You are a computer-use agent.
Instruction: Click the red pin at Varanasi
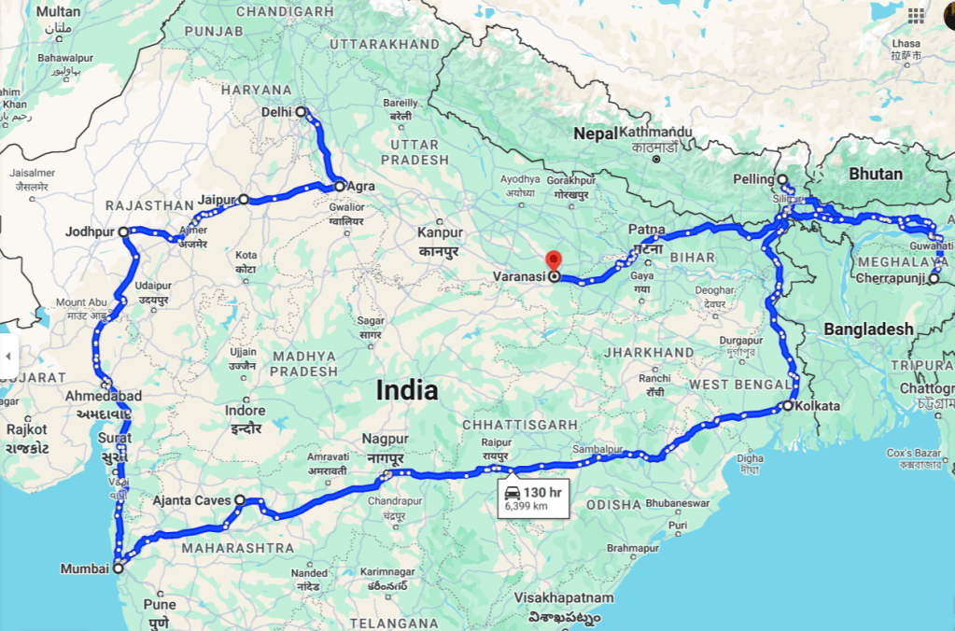point(554,260)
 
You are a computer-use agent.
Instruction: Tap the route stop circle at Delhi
point(301,112)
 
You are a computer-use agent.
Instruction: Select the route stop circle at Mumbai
point(119,568)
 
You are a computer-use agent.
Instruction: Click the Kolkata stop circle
point(788,406)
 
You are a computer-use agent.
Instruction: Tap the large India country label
point(407,390)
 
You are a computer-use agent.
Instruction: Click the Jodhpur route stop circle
point(123,231)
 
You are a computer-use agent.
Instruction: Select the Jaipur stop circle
point(244,199)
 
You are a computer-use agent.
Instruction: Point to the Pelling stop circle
point(782,179)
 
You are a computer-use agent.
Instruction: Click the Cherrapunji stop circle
point(934,278)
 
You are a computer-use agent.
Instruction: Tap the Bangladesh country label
point(868,329)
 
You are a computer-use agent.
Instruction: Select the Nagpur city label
point(386,439)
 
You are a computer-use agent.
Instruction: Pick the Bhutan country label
point(875,174)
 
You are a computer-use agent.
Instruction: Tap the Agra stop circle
point(340,186)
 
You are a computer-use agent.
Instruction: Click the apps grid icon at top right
point(916,16)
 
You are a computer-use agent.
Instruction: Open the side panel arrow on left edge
point(8,356)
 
